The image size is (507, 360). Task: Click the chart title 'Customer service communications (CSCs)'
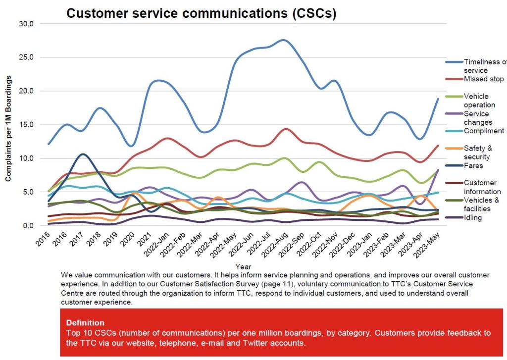201,13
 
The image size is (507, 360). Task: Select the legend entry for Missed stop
483,79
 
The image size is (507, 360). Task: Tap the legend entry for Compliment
484,131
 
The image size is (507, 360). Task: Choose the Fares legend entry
474,165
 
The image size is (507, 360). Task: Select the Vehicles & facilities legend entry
481,204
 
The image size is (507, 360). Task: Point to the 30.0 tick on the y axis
26,23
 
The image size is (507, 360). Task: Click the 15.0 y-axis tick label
26,125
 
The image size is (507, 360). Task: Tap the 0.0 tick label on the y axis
28,226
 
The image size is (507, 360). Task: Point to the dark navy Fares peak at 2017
83,154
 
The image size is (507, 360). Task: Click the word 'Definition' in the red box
85,322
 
